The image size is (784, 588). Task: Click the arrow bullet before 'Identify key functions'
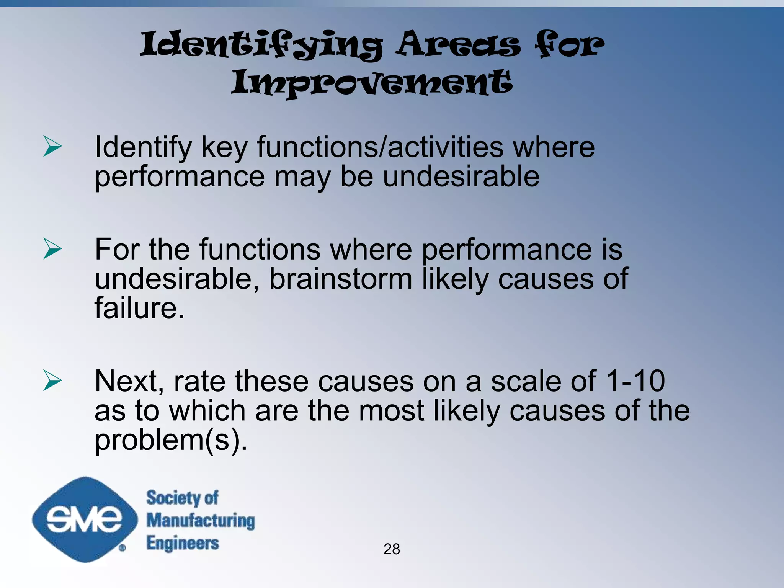coord(52,146)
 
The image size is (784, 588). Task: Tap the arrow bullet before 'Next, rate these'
coord(52,380)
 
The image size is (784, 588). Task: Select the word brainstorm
coord(341,279)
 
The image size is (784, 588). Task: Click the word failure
coord(139,308)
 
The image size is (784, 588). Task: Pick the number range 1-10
coord(635,381)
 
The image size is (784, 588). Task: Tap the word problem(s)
coord(171,440)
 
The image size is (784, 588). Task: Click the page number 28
coord(392,549)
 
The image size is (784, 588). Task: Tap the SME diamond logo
coord(85,519)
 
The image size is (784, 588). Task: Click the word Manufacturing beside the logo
coord(201,521)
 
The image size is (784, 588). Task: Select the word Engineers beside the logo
coord(183,543)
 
